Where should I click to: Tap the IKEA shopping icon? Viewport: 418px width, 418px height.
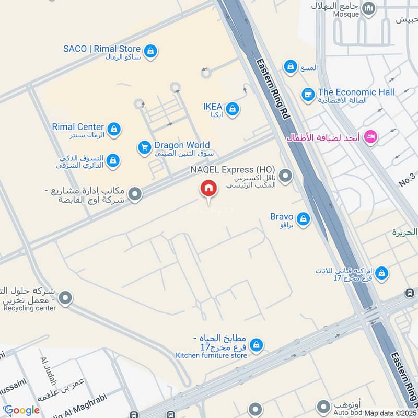(x=233, y=109)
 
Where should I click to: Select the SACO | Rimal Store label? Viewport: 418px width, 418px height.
(x=102, y=49)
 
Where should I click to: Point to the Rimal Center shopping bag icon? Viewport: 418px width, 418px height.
(x=113, y=129)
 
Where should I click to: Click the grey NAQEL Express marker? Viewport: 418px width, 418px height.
(x=285, y=176)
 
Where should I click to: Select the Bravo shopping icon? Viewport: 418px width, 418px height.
(x=303, y=219)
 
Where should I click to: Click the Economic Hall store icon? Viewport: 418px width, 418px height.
(x=308, y=95)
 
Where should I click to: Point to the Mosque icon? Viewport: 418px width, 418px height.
(x=369, y=8)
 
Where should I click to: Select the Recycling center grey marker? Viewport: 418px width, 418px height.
(x=65, y=299)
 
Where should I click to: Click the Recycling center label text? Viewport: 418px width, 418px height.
(x=29, y=308)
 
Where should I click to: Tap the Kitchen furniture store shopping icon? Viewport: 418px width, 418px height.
(x=256, y=345)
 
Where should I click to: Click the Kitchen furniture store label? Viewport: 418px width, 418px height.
(x=211, y=355)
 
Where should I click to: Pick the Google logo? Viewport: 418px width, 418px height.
(x=21, y=410)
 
